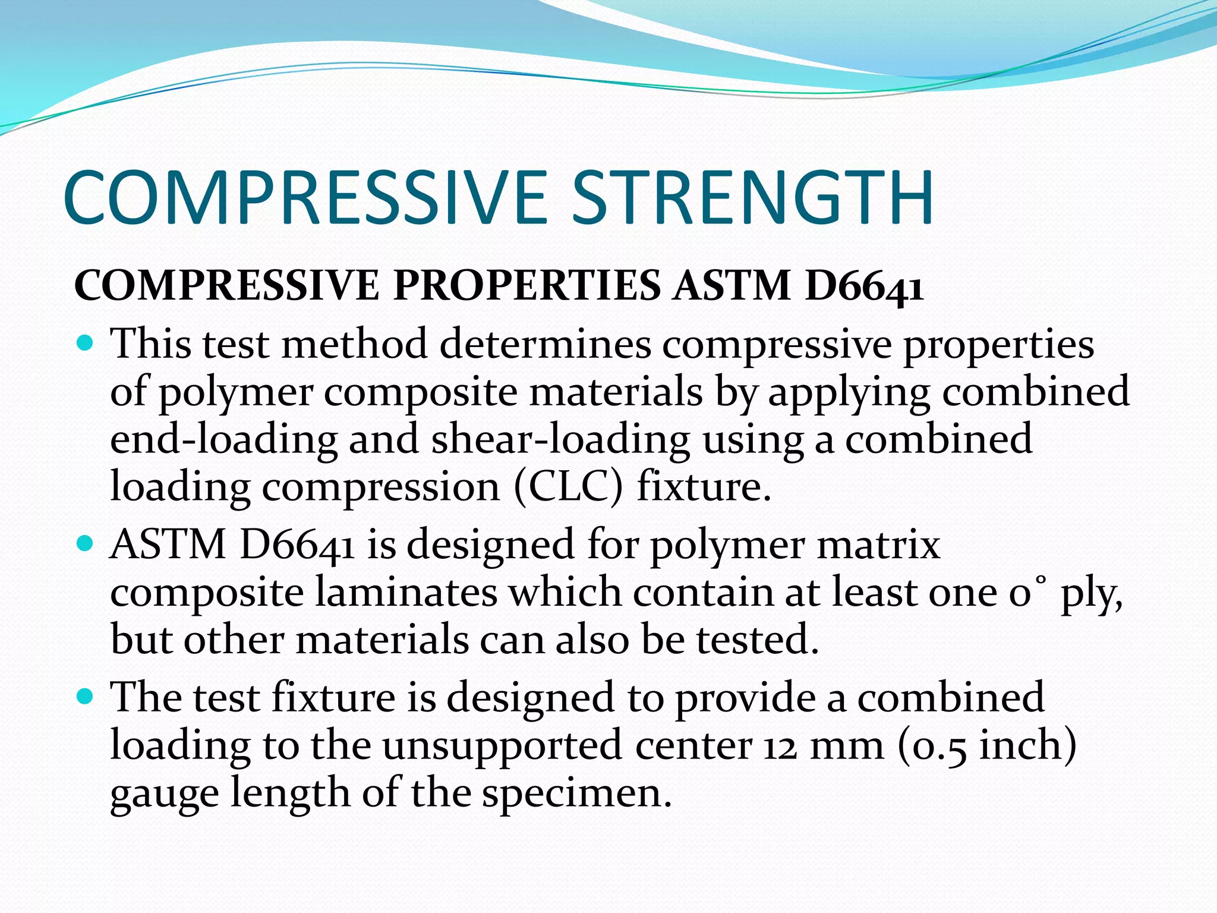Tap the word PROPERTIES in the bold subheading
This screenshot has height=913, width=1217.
(526, 285)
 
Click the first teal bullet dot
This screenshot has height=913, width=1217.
(86, 343)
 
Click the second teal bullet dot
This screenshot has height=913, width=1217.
(86, 543)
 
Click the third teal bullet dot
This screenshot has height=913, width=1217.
(86, 696)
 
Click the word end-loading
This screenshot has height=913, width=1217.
(223, 439)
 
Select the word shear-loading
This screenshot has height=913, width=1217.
(560, 440)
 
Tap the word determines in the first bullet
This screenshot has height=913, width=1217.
(545, 344)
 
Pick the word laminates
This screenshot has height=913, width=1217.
(406, 593)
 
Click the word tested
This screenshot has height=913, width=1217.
(757, 640)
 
